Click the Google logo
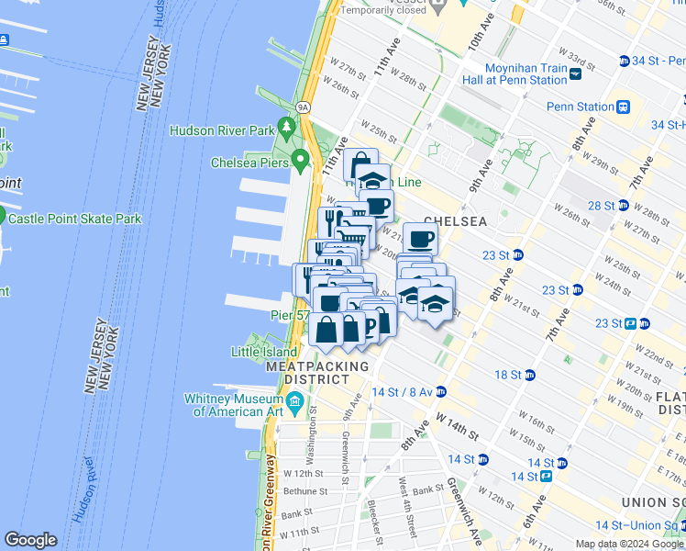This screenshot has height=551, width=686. pyautogui.click(x=31, y=540)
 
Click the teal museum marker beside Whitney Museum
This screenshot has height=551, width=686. pyautogui.click(x=294, y=401)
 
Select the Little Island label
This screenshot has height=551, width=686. pyautogui.click(x=260, y=352)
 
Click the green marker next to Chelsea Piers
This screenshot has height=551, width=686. pyautogui.click(x=300, y=163)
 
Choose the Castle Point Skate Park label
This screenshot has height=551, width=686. pyautogui.click(x=75, y=219)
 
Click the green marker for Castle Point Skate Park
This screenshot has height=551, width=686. pyautogui.click(x=2, y=218)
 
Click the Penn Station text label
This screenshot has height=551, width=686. pyautogui.click(x=581, y=107)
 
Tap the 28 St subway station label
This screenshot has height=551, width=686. pyautogui.click(x=602, y=205)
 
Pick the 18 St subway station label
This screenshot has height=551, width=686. pyautogui.click(x=508, y=375)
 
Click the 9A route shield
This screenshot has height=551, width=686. pyautogui.click(x=302, y=106)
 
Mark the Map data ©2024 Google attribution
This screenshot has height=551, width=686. pyautogui.click(x=628, y=544)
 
